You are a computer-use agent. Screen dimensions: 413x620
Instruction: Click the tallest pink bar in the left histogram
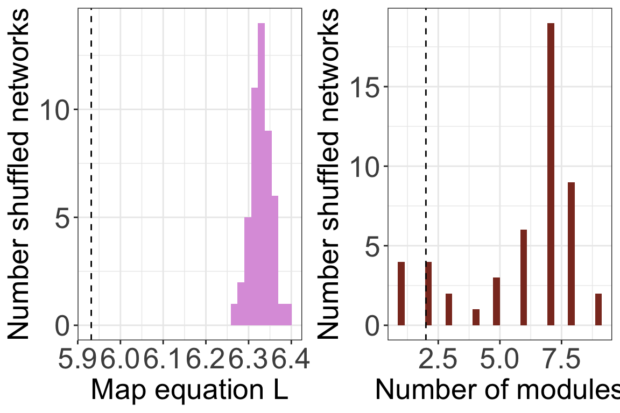261,172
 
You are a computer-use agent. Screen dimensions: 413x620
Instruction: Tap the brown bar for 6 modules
523,277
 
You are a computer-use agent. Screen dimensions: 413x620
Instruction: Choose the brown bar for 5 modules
496,301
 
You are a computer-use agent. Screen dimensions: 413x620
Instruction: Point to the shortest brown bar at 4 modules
476,317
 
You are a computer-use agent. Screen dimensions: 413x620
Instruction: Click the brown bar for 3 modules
449,309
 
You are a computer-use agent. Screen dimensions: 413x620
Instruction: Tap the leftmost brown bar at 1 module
401,294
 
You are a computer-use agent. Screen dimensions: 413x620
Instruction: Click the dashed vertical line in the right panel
426,161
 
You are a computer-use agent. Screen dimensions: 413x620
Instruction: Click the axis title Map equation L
189,390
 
